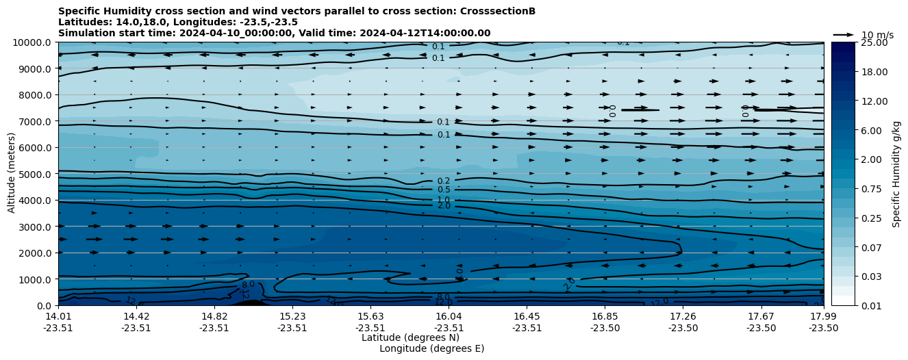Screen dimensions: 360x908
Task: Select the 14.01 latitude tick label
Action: point(58,316)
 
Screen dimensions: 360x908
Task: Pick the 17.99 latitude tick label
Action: point(823,316)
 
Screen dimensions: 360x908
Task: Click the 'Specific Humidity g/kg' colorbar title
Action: point(896,174)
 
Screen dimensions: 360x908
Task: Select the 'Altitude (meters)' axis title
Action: point(12,174)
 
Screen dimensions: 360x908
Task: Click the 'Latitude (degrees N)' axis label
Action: point(410,337)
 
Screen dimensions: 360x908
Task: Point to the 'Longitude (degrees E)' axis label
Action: point(431,348)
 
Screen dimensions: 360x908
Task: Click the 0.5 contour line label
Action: point(444,190)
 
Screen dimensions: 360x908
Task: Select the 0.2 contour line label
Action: point(444,181)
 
